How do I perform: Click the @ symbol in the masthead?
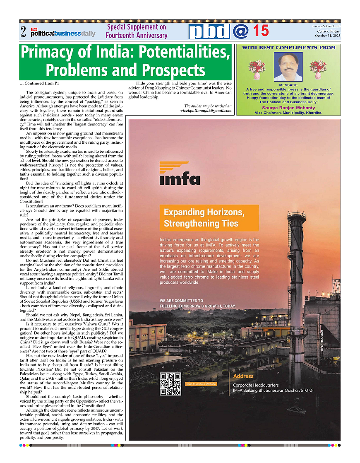[x=240, y=31]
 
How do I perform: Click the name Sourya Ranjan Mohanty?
[x=288, y=108]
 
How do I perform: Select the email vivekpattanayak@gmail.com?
[x=206, y=111]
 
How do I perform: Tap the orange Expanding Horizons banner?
[x=209, y=218]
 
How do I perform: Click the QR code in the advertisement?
[x=170, y=383]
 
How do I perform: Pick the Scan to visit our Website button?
[x=201, y=384]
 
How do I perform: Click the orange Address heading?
[x=243, y=376]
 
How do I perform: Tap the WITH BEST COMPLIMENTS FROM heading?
[x=288, y=48]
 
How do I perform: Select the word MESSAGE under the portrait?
[x=288, y=85]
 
